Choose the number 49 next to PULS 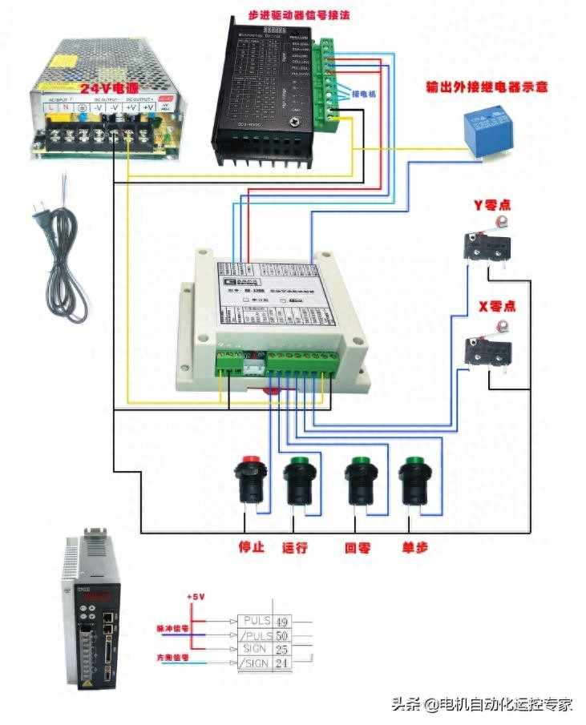click(x=281, y=621)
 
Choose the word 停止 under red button click(x=251, y=549)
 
